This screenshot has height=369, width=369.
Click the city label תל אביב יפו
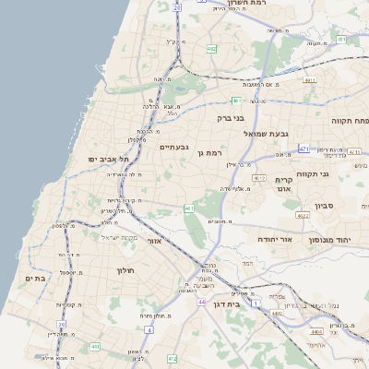(105, 159)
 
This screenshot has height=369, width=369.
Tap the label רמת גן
(211, 151)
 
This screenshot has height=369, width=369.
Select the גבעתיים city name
(174, 147)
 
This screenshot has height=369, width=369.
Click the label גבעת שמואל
(267, 134)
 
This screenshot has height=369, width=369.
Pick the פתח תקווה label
(351, 121)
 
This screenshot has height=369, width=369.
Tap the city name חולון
(126, 270)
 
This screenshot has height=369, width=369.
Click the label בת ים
(35, 279)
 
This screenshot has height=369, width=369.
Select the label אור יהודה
(275, 239)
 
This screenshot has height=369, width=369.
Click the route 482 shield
(212, 48)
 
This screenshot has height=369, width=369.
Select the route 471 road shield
(304, 148)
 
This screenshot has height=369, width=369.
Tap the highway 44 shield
(200, 302)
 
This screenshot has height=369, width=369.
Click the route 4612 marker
(259, 178)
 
